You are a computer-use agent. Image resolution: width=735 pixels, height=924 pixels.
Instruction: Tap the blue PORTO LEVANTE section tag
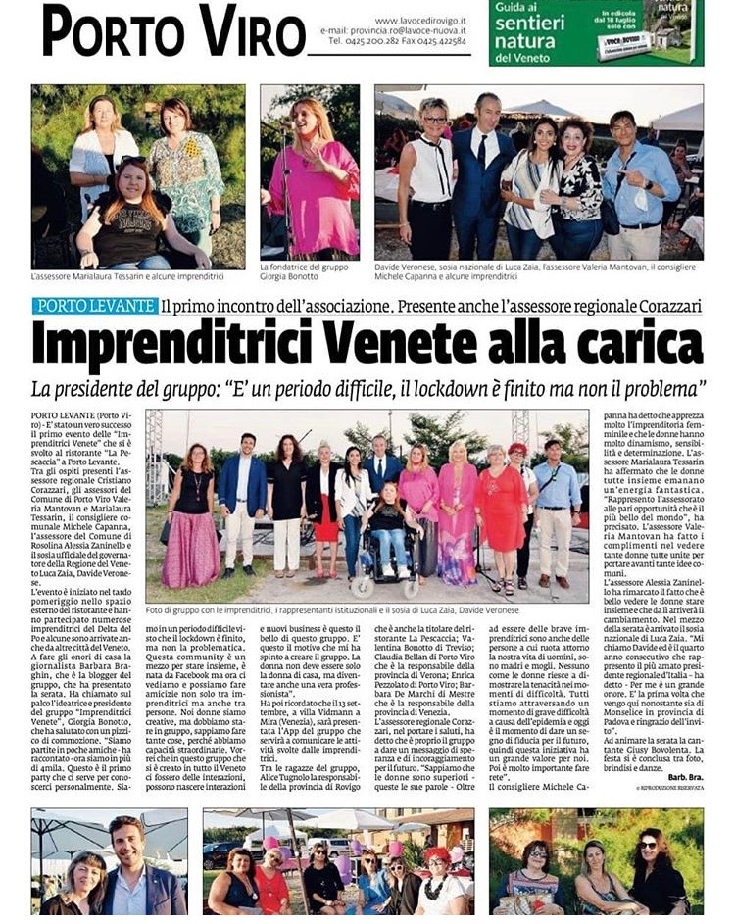[x=95, y=306]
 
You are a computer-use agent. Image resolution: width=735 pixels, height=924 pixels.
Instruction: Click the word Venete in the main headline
[x=422, y=343]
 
